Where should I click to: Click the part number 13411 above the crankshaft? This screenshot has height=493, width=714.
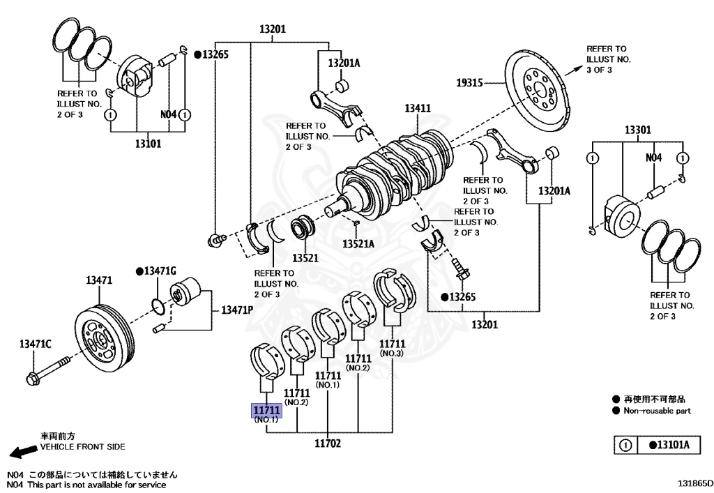click(x=418, y=109)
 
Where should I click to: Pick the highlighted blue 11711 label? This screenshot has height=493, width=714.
click(x=266, y=411)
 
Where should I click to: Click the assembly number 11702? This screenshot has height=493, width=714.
click(x=328, y=443)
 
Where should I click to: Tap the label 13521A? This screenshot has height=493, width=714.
click(x=358, y=243)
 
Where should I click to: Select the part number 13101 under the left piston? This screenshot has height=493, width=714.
click(x=148, y=144)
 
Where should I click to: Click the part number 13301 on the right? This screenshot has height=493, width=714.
click(x=637, y=130)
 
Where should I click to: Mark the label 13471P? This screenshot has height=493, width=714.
click(x=237, y=310)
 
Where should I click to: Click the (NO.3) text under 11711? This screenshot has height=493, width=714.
click(x=392, y=354)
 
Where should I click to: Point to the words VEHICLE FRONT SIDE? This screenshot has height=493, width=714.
click(x=83, y=446)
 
